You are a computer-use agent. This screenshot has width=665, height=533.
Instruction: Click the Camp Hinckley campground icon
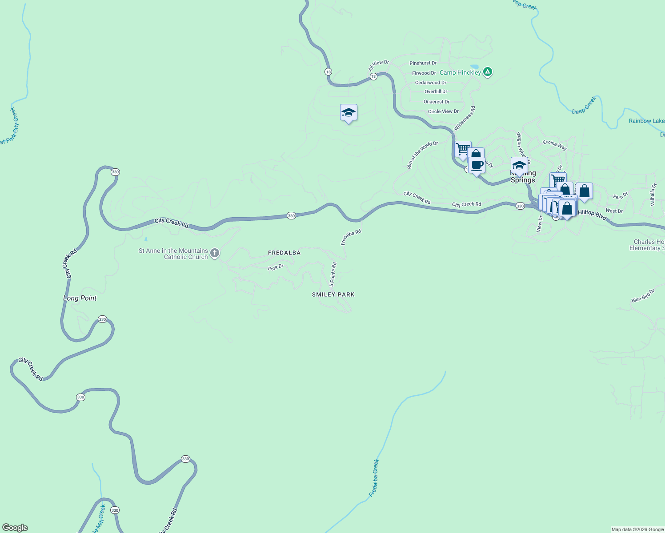point(488,72)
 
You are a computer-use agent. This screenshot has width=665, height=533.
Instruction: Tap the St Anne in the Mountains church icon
point(215,254)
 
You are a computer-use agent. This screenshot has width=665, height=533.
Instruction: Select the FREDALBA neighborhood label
point(284,253)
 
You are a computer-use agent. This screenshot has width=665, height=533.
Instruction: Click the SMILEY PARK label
point(333,294)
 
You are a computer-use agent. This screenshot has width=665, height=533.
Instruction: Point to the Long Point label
point(80,298)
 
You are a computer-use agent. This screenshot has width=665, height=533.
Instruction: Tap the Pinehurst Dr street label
point(423,63)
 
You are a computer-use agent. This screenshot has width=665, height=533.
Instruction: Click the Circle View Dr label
point(443,111)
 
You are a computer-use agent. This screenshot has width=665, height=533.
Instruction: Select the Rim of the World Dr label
point(422,155)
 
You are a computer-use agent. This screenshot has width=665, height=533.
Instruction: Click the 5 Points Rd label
point(333,274)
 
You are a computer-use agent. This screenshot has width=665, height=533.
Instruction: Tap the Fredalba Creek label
point(374,478)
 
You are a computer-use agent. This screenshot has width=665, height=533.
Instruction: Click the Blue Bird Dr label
point(643,296)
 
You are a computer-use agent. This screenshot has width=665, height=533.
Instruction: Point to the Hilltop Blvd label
point(592,215)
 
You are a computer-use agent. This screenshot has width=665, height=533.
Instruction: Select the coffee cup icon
point(477,166)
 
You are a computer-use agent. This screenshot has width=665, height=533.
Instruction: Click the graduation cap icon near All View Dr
point(349,113)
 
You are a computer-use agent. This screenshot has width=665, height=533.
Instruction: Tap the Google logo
point(15,528)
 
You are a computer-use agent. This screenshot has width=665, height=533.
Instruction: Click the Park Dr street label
point(276,267)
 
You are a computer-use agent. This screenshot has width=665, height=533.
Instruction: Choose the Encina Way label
point(555,145)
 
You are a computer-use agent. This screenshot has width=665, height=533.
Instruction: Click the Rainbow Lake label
point(647,121)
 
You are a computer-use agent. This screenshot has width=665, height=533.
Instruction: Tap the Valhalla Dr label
point(653,195)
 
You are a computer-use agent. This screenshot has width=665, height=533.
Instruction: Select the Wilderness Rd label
point(465,118)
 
